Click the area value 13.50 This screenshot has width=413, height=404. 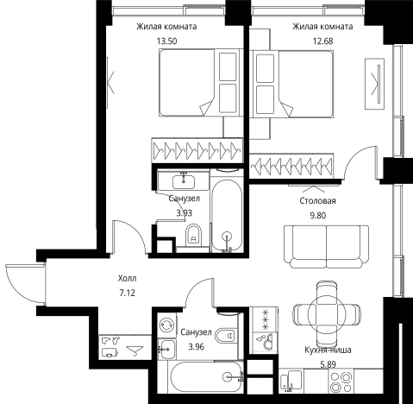coord(166,41)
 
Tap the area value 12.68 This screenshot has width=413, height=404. coord(322,41)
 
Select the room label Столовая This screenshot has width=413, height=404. coord(317,200)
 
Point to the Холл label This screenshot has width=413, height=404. coord(127,278)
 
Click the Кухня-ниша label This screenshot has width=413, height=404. coord(328,350)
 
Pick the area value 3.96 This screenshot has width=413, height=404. coord(197,347)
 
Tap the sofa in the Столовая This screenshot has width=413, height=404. coord(326,247)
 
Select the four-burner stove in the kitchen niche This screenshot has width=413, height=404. coord(341,382)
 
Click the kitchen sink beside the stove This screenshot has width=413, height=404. coord(291,381)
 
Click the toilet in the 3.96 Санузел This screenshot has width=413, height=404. coord(225,335)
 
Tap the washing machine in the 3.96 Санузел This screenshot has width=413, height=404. coord(167,325)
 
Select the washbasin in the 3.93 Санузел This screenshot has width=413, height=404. coord(184,181)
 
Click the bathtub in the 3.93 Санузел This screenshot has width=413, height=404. coord(227,215)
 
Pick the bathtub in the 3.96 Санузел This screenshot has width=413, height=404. coord(206,376)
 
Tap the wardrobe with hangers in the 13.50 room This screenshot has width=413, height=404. coord(197,150)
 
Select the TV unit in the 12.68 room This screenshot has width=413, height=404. coord(374,84)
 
